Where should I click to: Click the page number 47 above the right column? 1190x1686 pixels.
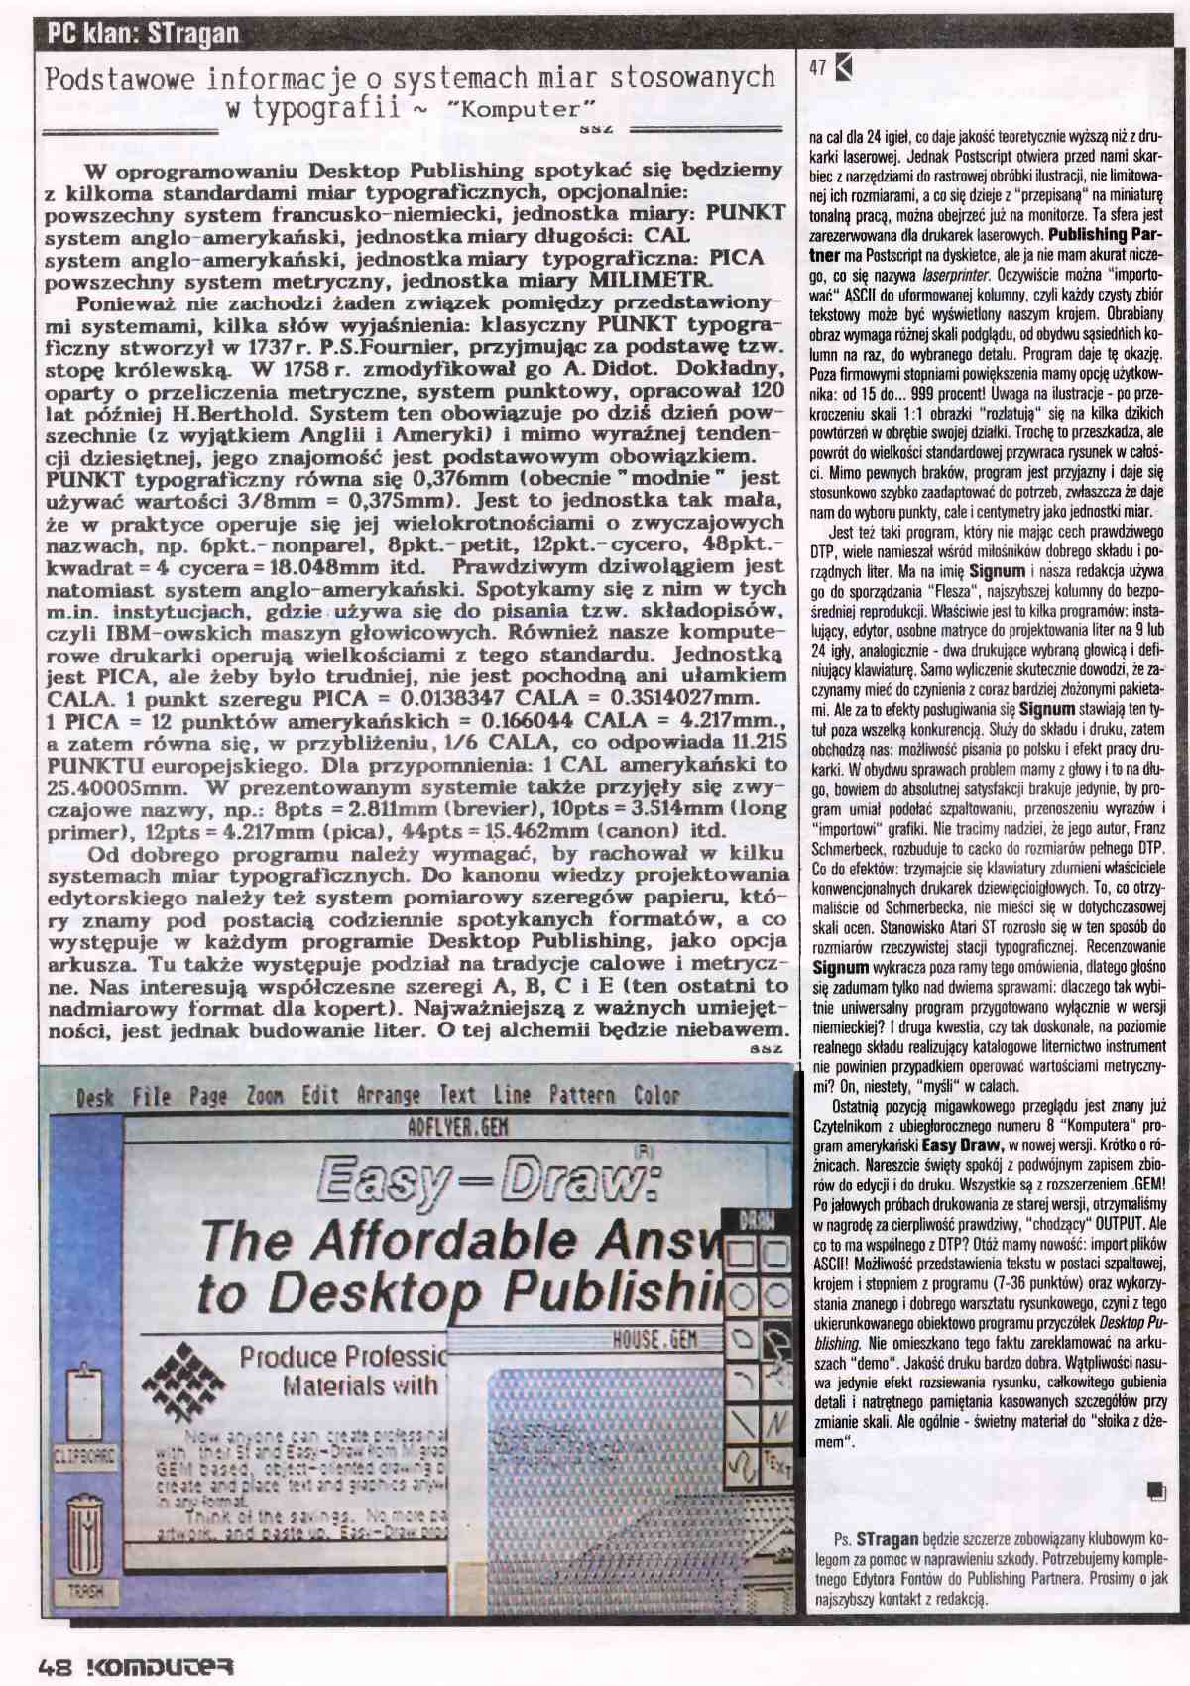click(x=818, y=68)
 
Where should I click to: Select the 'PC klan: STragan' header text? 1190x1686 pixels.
click(x=144, y=34)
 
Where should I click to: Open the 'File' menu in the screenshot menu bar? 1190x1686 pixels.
click(x=152, y=1096)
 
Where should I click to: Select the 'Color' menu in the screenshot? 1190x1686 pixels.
click(x=656, y=1096)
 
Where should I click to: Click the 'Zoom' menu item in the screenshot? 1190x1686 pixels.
click(x=265, y=1096)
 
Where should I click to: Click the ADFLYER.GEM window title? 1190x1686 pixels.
click(x=444, y=1127)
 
